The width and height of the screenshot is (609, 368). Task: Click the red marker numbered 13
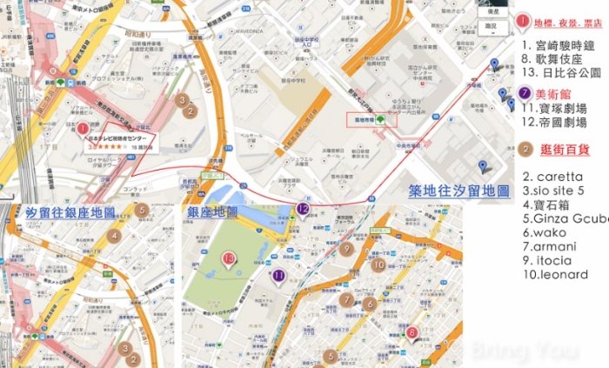click(x=229, y=258)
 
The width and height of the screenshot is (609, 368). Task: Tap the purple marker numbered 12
click(x=302, y=209)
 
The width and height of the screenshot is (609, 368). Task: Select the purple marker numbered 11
click(x=279, y=276)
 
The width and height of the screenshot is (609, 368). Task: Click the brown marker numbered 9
click(x=346, y=250)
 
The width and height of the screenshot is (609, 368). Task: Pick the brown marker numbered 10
click(x=378, y=265)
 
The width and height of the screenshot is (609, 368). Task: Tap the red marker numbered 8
click(x=412, y=331)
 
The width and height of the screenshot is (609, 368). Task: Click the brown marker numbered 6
click(x=370, y=304)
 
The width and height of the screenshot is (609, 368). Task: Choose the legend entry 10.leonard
click(x=555, y=275)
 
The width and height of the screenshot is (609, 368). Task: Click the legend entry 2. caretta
click(x=552, y=177)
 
